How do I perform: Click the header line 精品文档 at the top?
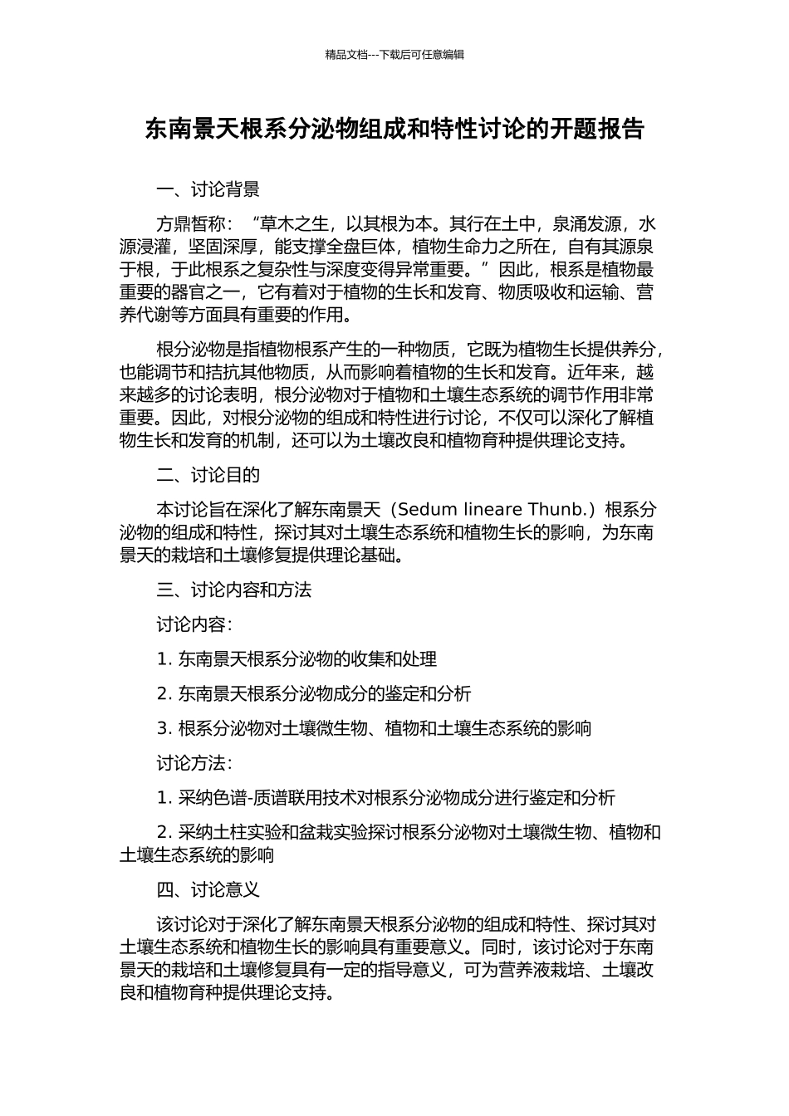(x=394, y=55)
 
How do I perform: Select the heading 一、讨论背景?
(x=208, y=190)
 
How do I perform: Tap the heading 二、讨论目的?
(x=208, y=475)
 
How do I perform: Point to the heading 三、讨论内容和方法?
(x=233, y=590)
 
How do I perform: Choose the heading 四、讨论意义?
(x=208, y=890)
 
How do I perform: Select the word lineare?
(x=493, y=509)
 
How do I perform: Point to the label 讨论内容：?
(x=195, y=624)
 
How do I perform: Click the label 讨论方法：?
(x=195, y=763)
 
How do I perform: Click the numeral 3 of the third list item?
(x=162, y=728)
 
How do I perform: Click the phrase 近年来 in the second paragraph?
(x=596, y=371)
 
